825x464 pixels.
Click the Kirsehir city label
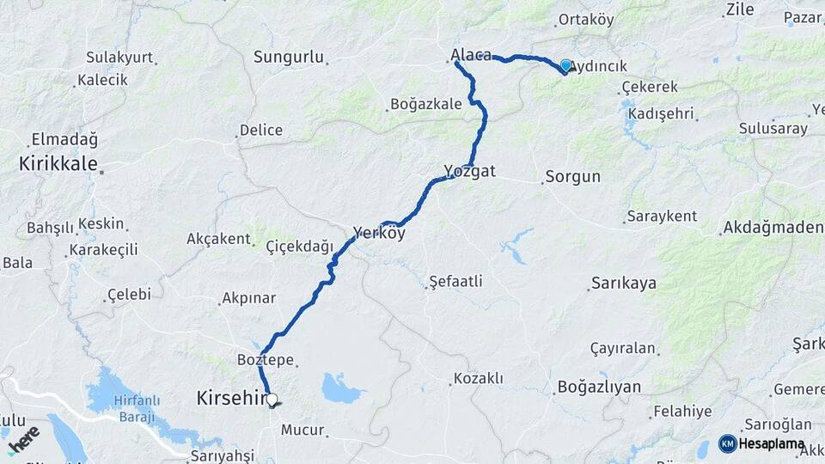click(229, 399)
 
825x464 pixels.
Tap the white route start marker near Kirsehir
click(272, 400)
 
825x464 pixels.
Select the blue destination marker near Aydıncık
click(565, 65)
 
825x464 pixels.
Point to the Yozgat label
click(470, 171)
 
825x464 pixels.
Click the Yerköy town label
click(379, 232)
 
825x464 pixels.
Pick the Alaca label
click(471, 56)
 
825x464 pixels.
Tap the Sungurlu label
click(289, 58)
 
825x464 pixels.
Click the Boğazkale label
click(426, 104)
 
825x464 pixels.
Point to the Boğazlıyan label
click(599, 387)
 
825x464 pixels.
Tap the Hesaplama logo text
click(772, 444)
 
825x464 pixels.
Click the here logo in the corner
click(23, 438)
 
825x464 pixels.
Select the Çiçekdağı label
click(299, 247)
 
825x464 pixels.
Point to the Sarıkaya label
click(624, 284)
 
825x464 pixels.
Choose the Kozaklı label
click(479, 378)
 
